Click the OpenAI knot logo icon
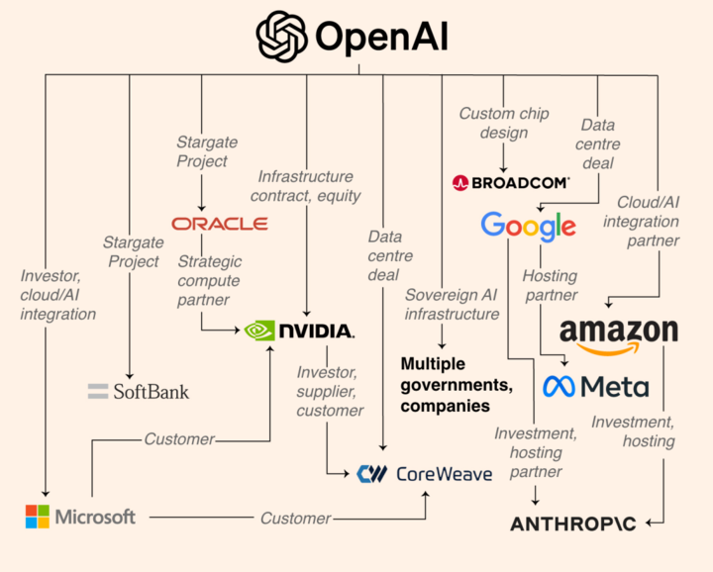[282, 37]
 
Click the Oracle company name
[219, 224]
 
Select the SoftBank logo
[138, 391]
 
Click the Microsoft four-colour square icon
[37, 517]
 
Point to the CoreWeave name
[443, 474]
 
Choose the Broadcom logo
[510, 182]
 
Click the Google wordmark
[528, 227]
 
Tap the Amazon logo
[618, 334]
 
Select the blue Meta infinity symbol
[561, 386]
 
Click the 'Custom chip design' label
[503, 124]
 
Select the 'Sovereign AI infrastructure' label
[452, 304]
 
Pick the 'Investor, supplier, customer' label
[330, 391]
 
